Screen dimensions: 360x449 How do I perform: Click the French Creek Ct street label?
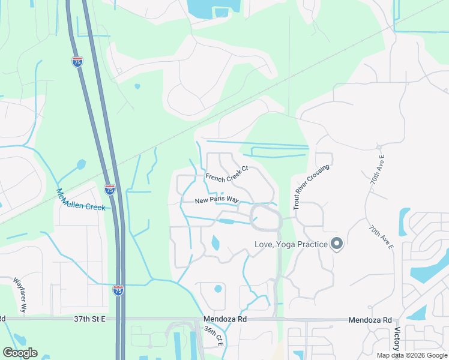tap(227, 173)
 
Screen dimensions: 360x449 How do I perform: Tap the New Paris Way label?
tap(217, 200)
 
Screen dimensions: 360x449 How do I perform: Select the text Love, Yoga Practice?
tap(291, 244)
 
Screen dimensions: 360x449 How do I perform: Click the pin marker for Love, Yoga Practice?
tap(337, 244)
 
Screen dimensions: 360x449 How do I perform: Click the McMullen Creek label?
tap(80, 199)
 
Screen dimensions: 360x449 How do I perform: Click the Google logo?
tap(20, 353)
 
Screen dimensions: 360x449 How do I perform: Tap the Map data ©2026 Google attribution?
tap(412, 355)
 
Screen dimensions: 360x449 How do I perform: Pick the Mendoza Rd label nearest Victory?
tap(370, 320)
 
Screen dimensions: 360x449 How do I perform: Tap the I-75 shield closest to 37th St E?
tap(118, 290)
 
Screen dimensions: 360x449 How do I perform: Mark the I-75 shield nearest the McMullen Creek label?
tap(110, 190)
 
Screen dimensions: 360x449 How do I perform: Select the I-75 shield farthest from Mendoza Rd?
tap(77, 61)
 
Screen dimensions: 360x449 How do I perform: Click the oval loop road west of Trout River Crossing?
tap(265, 217)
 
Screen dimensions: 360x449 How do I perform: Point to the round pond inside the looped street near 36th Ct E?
tap(218, 289)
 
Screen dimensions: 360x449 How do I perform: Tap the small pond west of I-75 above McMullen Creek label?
tap(81, 164)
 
